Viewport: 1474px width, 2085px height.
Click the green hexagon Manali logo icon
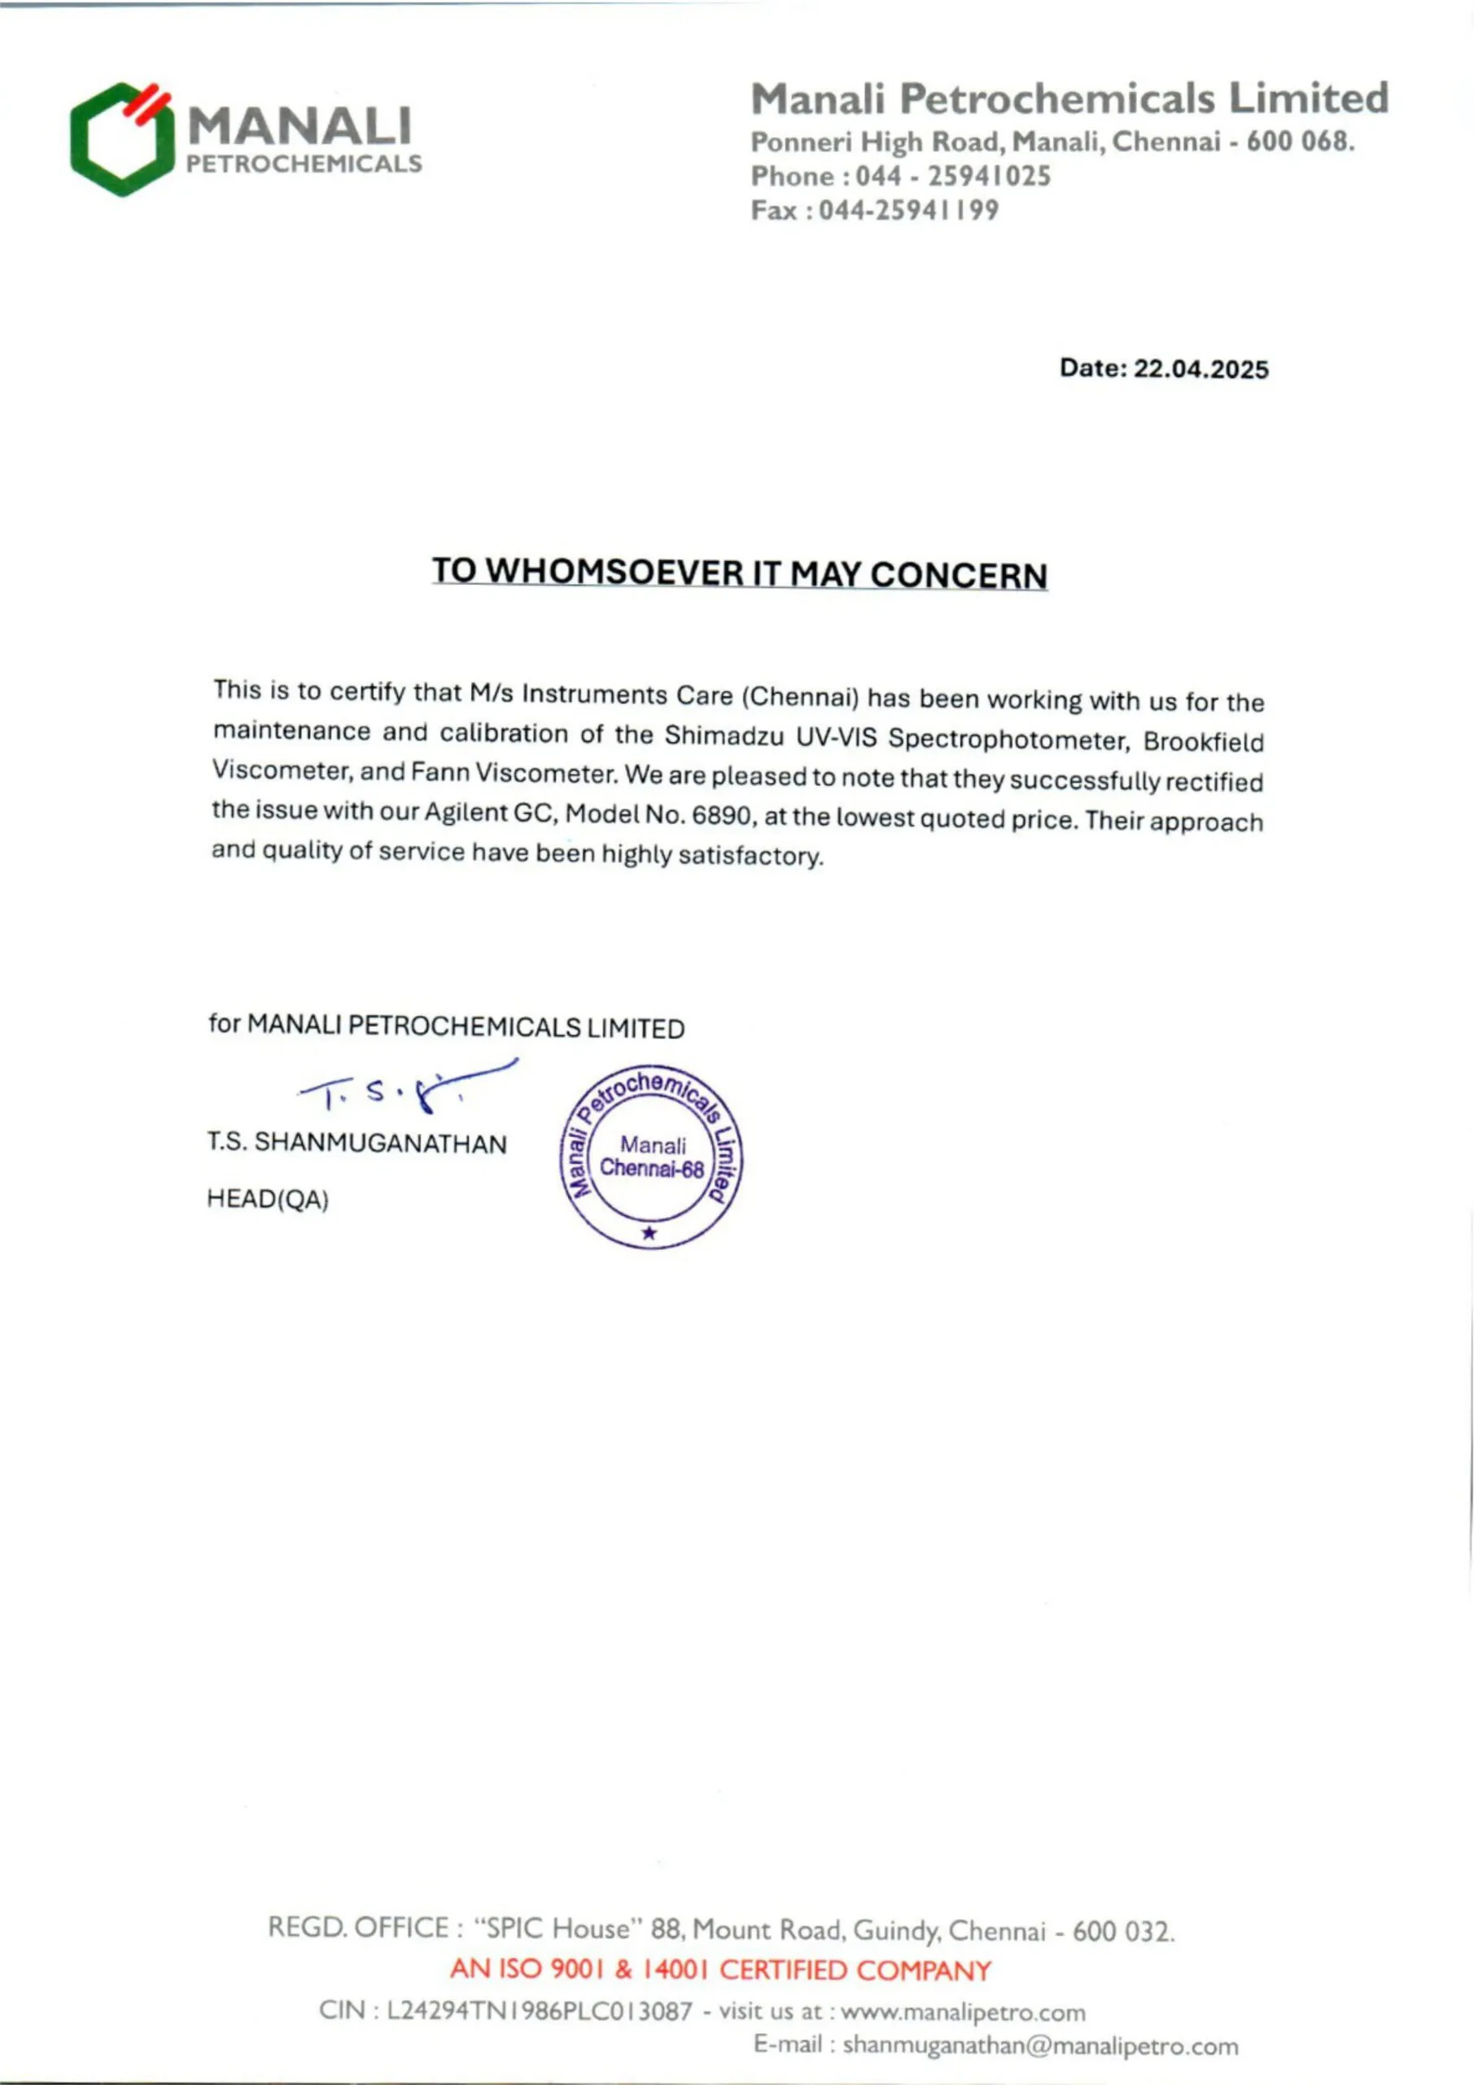pos(121,139)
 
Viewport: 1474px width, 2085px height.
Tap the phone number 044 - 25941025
pos(953,176)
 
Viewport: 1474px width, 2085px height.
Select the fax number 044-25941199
pos(908,211)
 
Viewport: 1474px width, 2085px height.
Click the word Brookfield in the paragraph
pos(1203,742)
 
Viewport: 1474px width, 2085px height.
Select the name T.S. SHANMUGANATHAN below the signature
pos(356,1143)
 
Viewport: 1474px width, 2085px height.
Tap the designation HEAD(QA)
pos(268,1200)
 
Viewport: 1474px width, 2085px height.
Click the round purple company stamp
pos(651,1156)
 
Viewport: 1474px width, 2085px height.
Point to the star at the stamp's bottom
pos(649,1232)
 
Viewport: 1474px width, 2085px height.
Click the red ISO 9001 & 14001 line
pos(720,1971)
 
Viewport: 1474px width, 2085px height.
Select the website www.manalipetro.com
pos(963,2013)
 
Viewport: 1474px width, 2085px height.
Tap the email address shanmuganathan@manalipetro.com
pos(1040,2047)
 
